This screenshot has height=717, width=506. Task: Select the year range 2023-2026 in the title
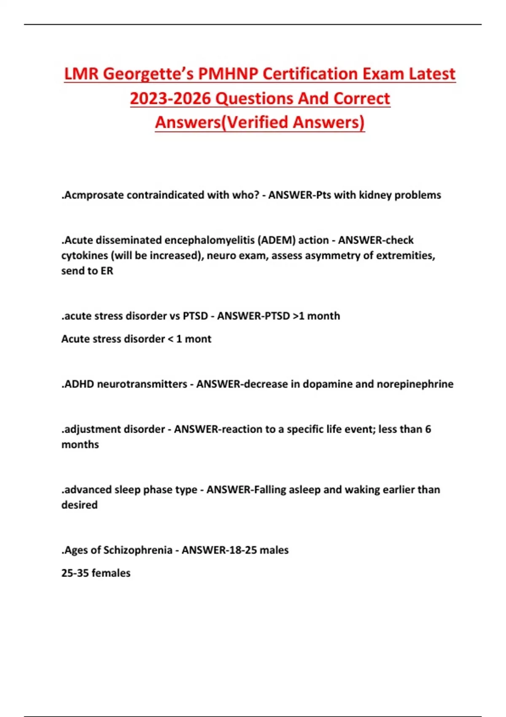(x=170, y=99)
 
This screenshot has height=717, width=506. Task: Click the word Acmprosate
(x=93, y=195)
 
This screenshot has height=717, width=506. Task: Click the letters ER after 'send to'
(x=107, y=271)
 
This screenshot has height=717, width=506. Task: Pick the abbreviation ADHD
(x=78, y=384)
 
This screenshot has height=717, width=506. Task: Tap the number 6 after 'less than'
(x=428, y=429)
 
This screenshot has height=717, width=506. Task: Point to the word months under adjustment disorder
(x=80, y=445)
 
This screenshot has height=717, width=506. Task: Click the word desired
(x=79, y=505)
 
